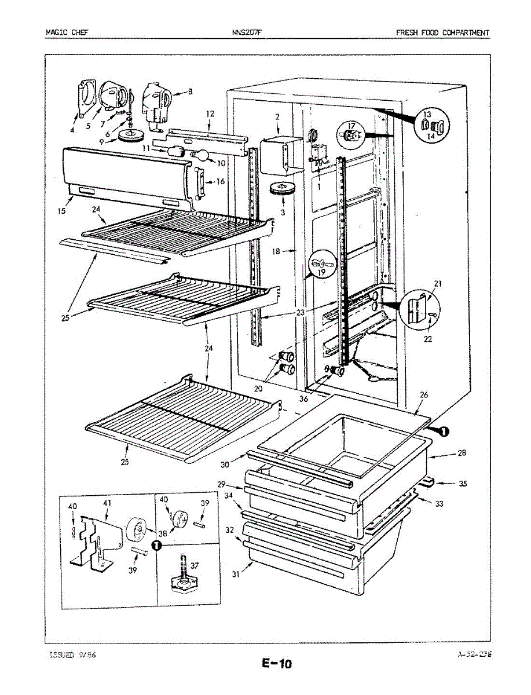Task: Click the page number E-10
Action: [277, 664]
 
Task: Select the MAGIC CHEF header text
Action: [67, 32]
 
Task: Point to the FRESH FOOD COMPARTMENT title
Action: [442, 32]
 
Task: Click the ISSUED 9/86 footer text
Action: [72, 654]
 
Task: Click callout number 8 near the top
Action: [190, 92]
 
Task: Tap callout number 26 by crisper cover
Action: [424, 395]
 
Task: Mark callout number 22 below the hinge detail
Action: [427, 339]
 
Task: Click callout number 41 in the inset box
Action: [107, 503]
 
